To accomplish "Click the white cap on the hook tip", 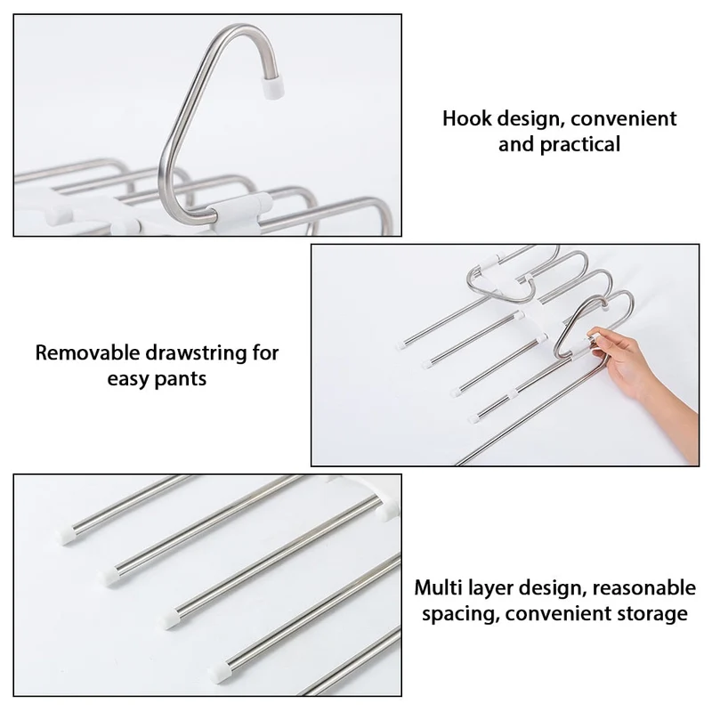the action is (274, 87).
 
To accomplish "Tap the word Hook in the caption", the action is (467, 118).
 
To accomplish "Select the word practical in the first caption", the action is (580, 145).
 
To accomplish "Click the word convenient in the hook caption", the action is (624, 118).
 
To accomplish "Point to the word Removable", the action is (87, 352).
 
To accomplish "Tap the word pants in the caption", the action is (182, 379).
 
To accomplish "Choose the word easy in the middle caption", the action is (128, 379).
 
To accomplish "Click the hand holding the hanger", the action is (640, 372).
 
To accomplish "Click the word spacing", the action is (461, 614).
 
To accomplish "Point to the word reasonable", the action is (643, 587).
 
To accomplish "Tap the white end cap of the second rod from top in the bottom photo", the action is (108, 577).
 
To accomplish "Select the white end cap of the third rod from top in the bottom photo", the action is (169, 619).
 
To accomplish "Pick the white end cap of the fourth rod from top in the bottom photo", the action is (220, 669).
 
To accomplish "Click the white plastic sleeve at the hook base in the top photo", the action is (236, 214).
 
